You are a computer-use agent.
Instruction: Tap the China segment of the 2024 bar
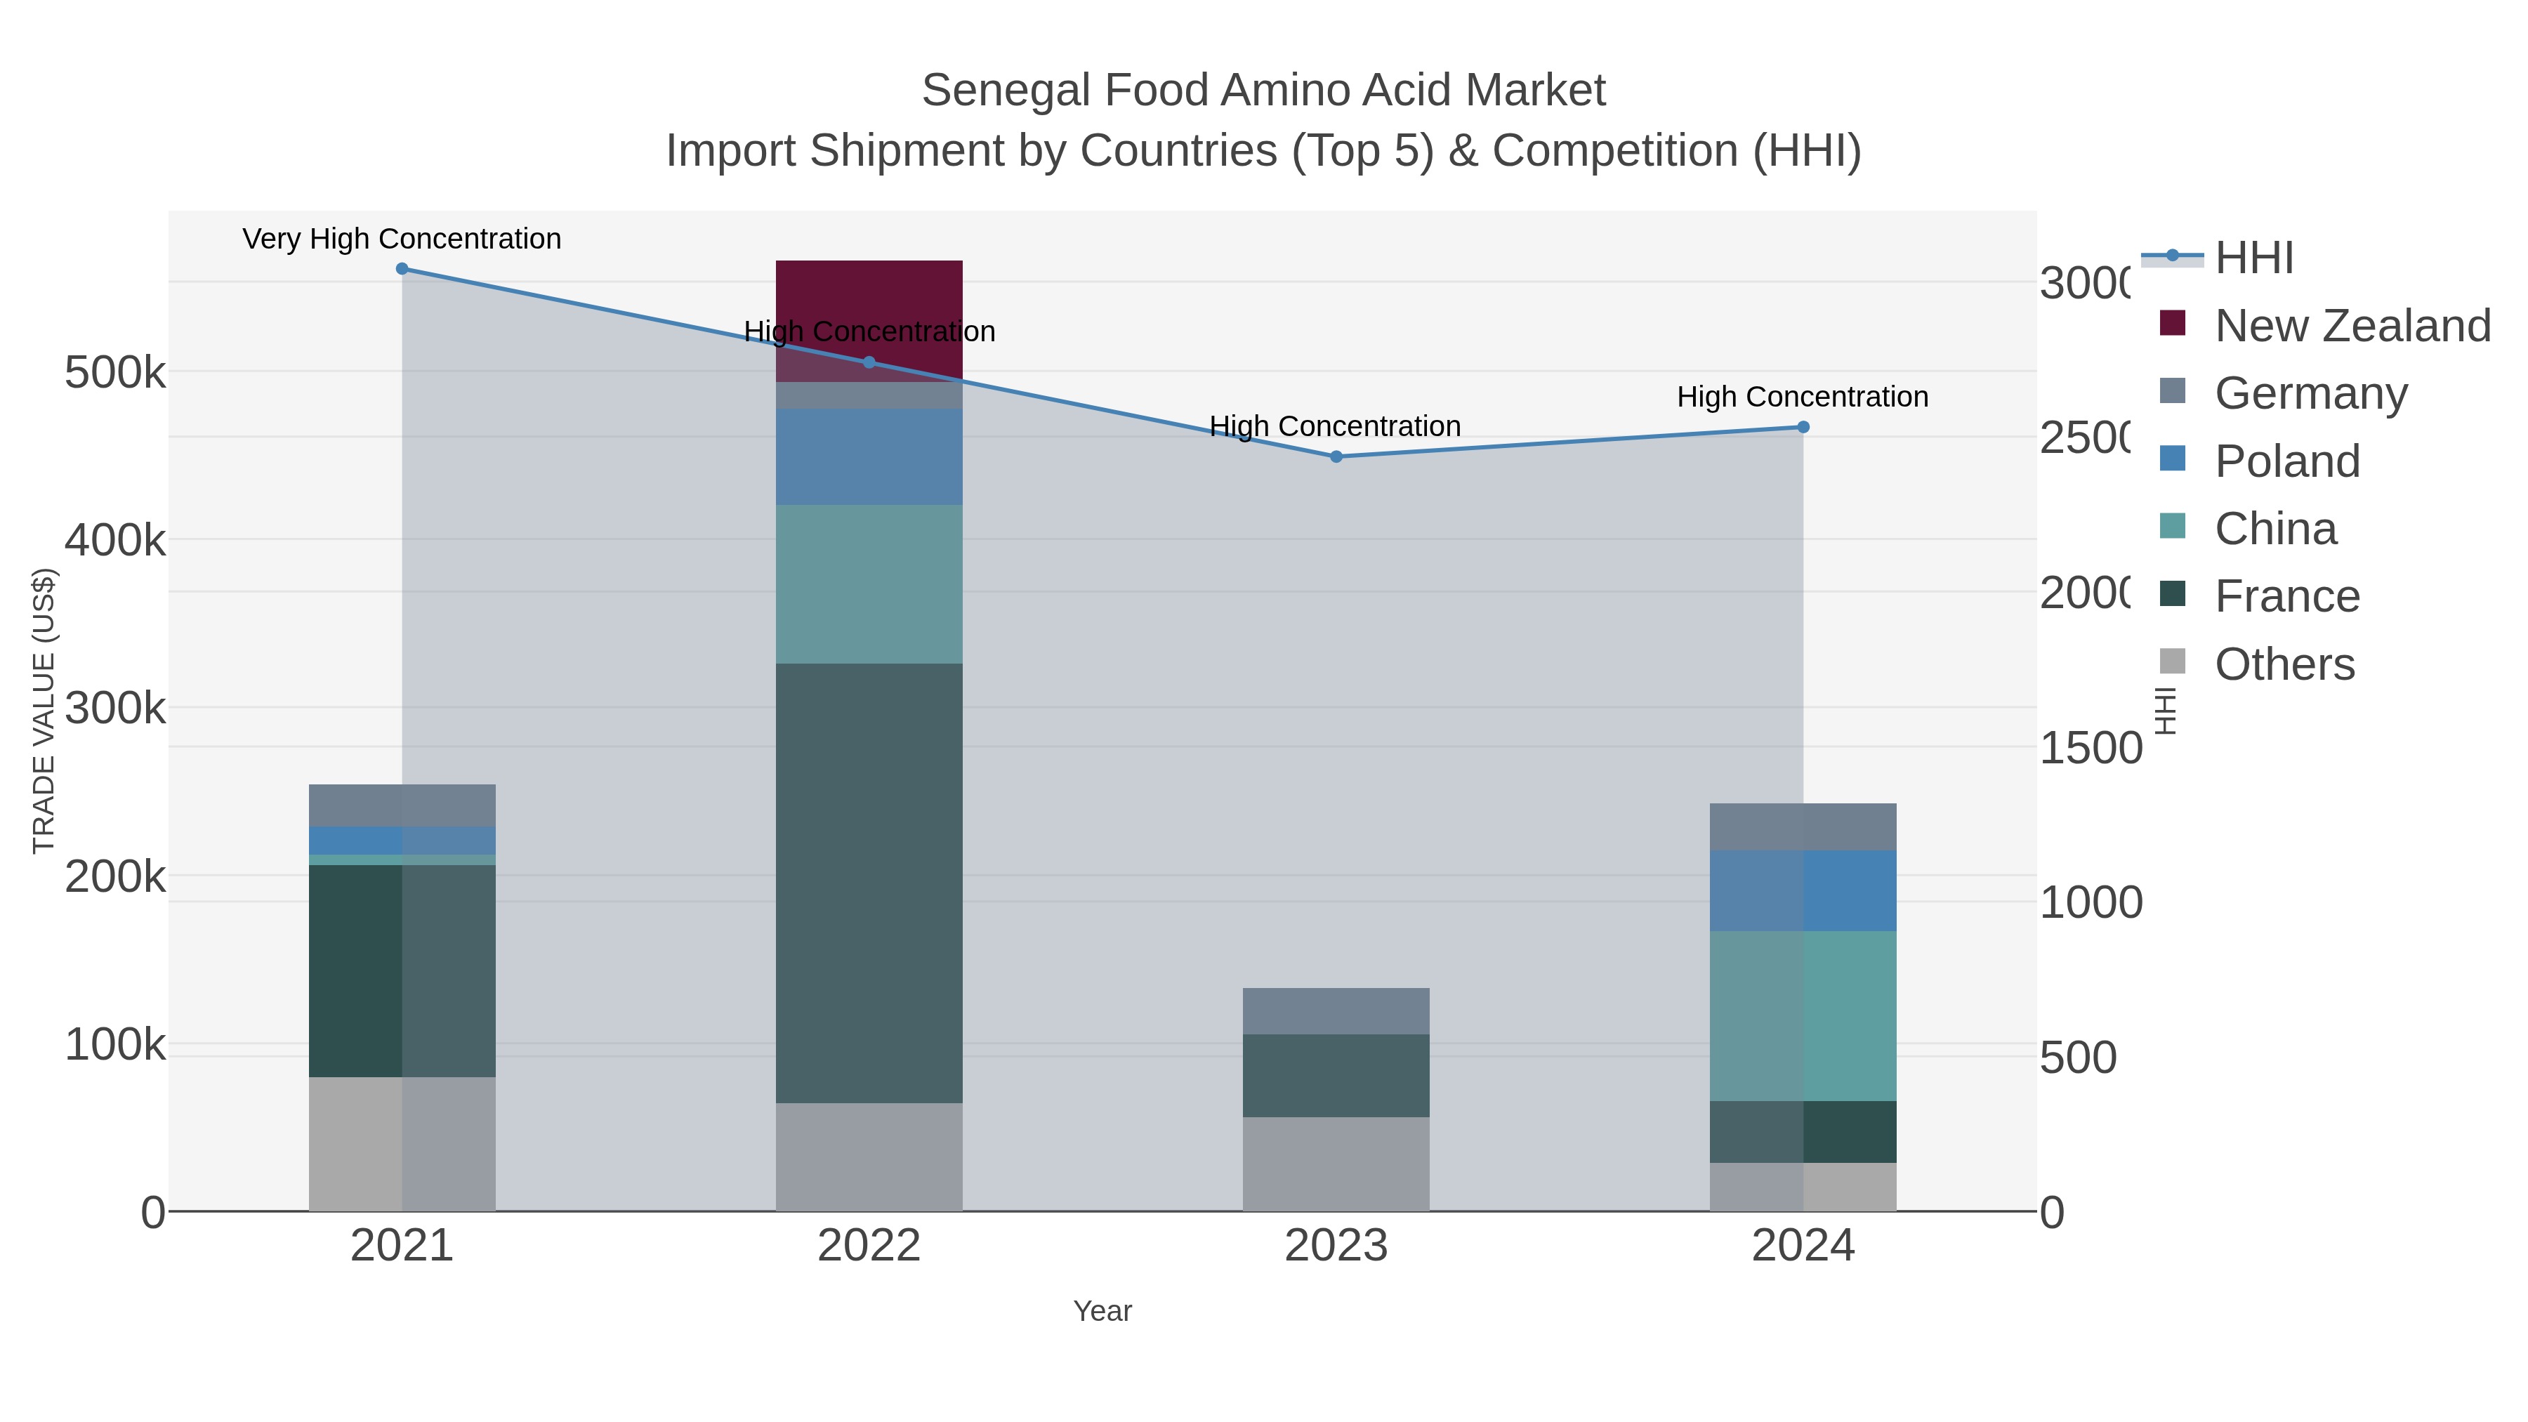[x=1803, y=1015]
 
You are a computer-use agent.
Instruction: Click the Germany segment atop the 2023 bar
[x=1336, y=1010]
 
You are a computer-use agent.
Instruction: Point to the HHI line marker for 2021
[x=402, y=268]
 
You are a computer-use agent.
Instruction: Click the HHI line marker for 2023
[x=1336, y=456]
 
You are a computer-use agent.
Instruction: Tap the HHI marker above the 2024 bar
[x=1803, y=427]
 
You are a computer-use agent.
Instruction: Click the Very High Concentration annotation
[x=402, y=239]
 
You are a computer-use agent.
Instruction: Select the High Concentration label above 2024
[x=1802, y=397]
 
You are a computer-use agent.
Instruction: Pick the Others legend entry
[x=2284, y=664]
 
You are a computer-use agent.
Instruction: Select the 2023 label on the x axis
[x=1336, y=1246]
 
